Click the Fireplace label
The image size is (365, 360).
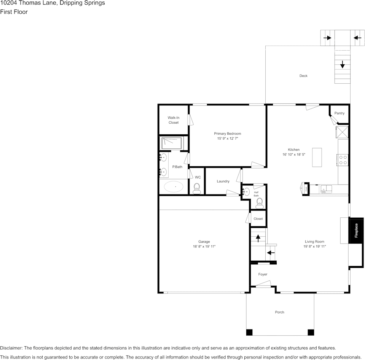click(x=357, y=230)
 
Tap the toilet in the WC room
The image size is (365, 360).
click(x=197, y=188)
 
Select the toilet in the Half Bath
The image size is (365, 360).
click(x=260, y=202)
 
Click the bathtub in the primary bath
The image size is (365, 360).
click(x=174, y=187)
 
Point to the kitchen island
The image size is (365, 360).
click(x=317, y=157)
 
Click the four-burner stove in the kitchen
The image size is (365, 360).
click(x=343, y=160)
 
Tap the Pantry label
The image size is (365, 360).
click(x=339, y=113)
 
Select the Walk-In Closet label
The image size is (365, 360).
click(x=174, y=120)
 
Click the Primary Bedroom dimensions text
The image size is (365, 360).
click(x=228, y=139)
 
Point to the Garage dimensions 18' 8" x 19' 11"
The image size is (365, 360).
click(x=204, y=247)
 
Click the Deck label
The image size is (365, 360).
click(x=303, y=76)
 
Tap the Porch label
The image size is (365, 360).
click(x=280, y=312)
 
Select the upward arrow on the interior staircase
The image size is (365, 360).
click(x=258, y=238)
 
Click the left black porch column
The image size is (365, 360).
click(x=249, y=332)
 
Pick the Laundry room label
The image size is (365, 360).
click(x=223, y=181)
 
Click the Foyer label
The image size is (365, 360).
click(x=263, y=274)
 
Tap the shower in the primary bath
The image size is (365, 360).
click(x=172, y=143)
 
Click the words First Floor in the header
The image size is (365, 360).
click(x=14, y=12)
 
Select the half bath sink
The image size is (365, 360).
click(x=246, y=191)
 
